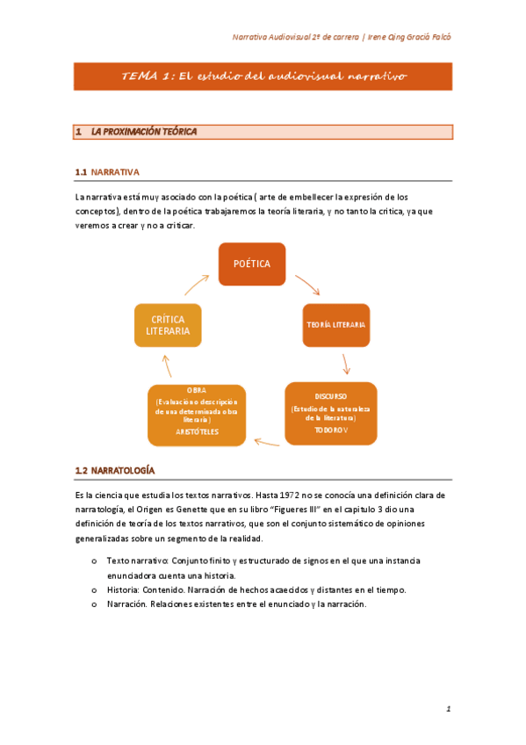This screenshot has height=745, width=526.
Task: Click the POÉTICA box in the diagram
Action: tap(252, 264)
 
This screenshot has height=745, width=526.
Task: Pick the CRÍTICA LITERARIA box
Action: tap(168, 324)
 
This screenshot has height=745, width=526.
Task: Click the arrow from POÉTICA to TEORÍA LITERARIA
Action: tap(307, 285)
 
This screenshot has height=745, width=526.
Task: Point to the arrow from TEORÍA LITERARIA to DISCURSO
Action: tap(346, 363)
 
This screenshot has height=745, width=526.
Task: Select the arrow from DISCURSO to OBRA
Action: tap(268, 441)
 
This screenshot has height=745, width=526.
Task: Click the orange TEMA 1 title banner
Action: tap(263, 76)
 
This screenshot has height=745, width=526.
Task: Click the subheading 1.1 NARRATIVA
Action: tap(108, 171)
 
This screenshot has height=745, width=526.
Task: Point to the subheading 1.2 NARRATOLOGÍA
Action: tap(116, 471)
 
